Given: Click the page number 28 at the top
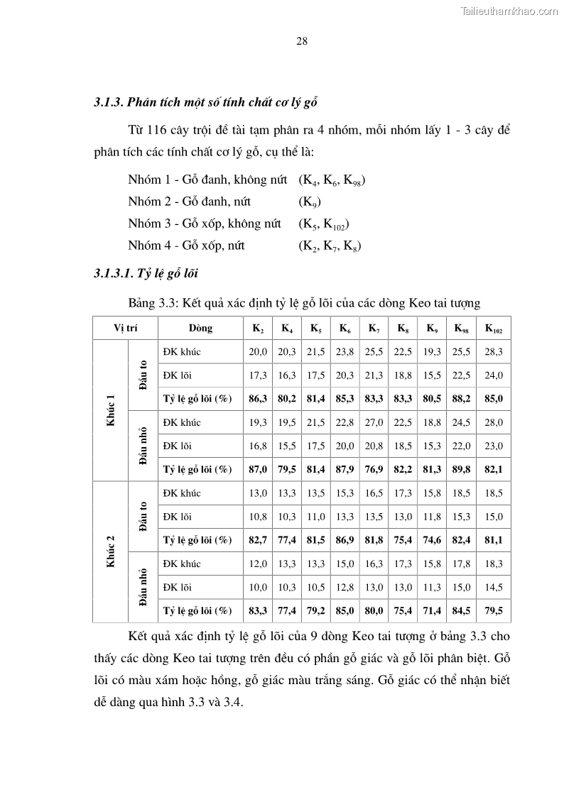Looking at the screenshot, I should (x=301, y=41).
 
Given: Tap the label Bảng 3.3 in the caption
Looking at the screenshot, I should (x=152, y=304).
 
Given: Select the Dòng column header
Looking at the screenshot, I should (x=200, y=329).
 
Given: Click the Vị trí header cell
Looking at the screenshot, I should (x=125, y=329).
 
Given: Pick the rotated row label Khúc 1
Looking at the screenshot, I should (x=111, y=410).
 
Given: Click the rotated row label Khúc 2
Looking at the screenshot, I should (x=111, y=551).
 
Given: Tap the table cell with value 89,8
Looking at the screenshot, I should (x=462, y=469).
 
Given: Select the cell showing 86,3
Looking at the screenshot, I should (x=258, y=399).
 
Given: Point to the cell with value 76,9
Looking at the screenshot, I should (x=374, y=469).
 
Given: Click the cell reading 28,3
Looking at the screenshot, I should (x=494, y=352).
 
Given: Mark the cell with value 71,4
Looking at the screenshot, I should (x=432, y=610).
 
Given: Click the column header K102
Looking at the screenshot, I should (x=494, y=329).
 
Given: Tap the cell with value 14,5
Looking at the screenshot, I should (x=494, y=587).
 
